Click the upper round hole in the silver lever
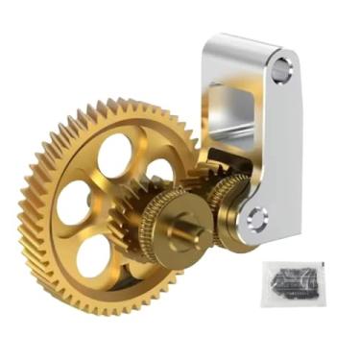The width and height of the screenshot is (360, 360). click(x=280, y=70)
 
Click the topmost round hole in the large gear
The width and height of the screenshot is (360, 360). click(x=115, y=155)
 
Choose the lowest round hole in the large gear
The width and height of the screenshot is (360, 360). click(x=93, y=254)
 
